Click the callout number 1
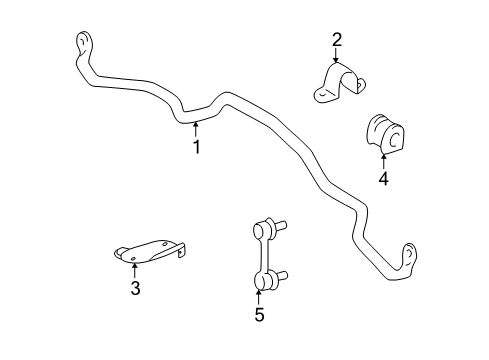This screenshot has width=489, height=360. point(196,148)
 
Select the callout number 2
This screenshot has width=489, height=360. point(337,40)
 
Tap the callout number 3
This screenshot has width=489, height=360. point(135,290)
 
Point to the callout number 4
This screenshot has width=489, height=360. point(383,180)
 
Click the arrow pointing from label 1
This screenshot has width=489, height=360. point(196,127)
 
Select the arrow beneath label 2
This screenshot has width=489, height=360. point(337,58)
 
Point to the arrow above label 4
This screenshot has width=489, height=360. point(383,160)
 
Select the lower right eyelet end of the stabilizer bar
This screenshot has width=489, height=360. point(408,256)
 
